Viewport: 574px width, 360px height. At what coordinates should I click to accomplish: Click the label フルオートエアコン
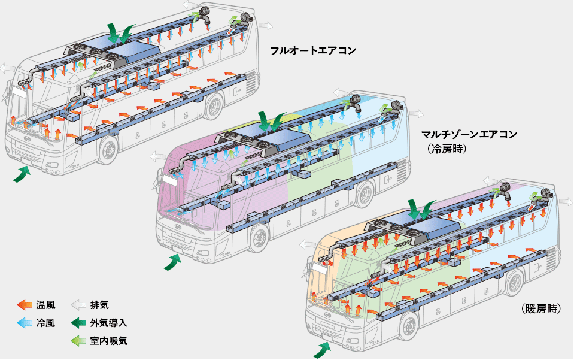tap(313, 50)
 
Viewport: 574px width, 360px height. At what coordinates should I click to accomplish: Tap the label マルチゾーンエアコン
tap(469, 134)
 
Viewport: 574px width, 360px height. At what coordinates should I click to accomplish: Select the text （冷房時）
tap(447, 149)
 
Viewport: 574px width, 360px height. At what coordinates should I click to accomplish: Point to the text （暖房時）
tap(541, 308)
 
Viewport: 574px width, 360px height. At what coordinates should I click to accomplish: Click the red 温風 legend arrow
tap(25, 305)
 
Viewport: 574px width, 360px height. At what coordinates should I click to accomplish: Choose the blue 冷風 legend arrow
tap(25, 323)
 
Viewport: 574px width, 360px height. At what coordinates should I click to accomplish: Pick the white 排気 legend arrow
tap(78, 305)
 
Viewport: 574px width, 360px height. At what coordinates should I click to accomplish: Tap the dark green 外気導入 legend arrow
tap(78, 323)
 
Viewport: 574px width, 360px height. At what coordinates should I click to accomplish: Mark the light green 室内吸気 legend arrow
tap(78, 341)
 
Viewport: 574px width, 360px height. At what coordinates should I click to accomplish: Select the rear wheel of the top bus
tap(214, 107)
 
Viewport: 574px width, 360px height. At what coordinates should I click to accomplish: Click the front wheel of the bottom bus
tap(409, 326)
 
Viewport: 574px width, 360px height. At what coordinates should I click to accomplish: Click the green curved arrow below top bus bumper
tap(22, 173)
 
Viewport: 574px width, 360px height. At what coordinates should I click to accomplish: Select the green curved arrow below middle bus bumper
tap(172, 262)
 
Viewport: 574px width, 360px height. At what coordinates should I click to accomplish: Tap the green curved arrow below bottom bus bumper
tap(323, 349)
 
